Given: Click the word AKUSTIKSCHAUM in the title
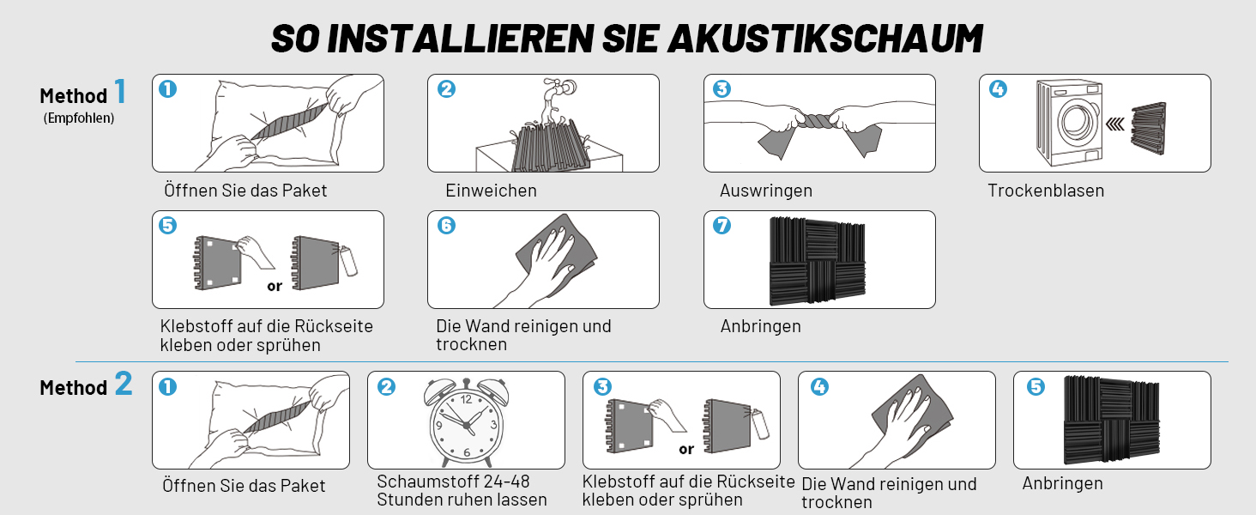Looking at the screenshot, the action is pos(824,39).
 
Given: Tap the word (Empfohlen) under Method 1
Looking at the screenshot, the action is pos(79,118).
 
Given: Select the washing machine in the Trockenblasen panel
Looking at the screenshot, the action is pos(1069,122).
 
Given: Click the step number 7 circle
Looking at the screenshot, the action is pos(722,226).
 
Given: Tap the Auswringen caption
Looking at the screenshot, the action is pos(766,191).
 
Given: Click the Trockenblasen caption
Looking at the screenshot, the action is pos(1046,191).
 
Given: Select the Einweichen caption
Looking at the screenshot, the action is pos(492,191).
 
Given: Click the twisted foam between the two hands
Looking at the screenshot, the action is pos(819,120).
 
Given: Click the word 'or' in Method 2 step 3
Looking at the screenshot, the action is pos(686,450).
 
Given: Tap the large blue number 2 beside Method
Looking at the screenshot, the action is pos(124,384).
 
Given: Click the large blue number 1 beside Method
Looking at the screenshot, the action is pos(121,91).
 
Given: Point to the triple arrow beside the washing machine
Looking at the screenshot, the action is pos(1116,124).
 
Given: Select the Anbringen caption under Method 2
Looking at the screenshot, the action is pos(1063,483).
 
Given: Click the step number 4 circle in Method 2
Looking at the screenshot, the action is pos(819,386).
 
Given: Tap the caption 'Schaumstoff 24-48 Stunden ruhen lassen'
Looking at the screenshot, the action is pos(462,490).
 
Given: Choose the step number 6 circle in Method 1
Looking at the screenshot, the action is pos(446,226).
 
